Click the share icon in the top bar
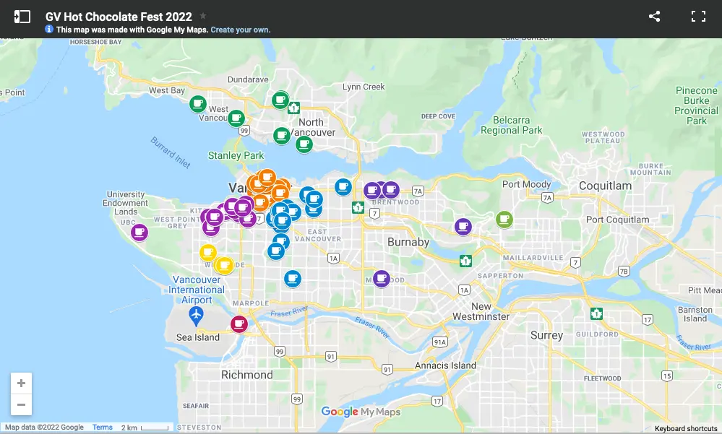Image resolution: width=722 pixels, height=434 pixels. tap(654, 16)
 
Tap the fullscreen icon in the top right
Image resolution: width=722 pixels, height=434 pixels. tap(697, 16)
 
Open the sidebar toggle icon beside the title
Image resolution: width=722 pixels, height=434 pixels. tap(22, 16)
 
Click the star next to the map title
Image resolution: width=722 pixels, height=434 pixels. tap(203, 16)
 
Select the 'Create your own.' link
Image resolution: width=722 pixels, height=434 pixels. tap(240, 30)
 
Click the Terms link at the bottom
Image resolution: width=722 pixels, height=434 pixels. tap(103, 428)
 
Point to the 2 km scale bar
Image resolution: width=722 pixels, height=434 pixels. tap(145, 428)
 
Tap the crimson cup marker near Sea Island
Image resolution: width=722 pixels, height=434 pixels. tap(238, 324)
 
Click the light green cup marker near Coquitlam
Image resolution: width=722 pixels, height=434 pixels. tap(504, 219)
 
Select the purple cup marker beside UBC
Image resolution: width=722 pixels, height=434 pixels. tap(139, 232)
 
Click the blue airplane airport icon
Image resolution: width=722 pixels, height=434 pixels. tap(195, 315)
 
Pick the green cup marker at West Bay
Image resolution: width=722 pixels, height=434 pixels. tap(197, 104)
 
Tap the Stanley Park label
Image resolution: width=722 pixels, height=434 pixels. tap(236, 155)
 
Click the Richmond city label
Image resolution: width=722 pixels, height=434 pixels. tap(246, 375)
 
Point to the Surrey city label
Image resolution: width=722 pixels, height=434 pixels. tap(546, 335)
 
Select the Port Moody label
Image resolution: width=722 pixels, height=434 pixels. tap(526, 184)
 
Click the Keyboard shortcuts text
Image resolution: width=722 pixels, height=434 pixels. tap(686, 428)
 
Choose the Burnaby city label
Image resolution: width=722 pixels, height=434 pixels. tap(408, 242)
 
